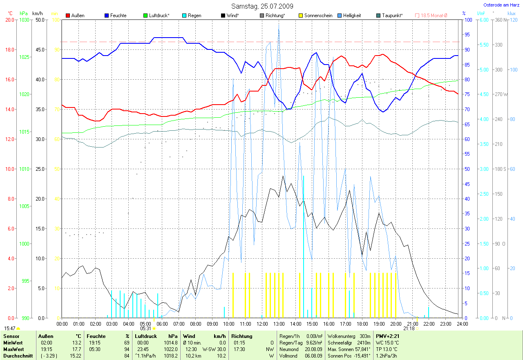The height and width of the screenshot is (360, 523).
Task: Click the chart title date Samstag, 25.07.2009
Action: (x=261, y=6)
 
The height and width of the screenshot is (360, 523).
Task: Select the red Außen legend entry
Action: (x=76, y=16)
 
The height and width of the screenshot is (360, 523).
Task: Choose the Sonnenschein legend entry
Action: (x=318, y=16)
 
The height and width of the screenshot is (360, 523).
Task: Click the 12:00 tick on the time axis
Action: (x=262, y=324)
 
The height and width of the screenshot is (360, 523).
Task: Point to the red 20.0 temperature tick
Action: (x=10, y=20)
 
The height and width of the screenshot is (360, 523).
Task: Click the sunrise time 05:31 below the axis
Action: (x=145, y=328)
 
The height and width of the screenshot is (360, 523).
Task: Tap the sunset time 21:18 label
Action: (x=409, y=328)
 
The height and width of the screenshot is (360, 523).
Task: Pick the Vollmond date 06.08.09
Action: (x=313, y=356)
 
